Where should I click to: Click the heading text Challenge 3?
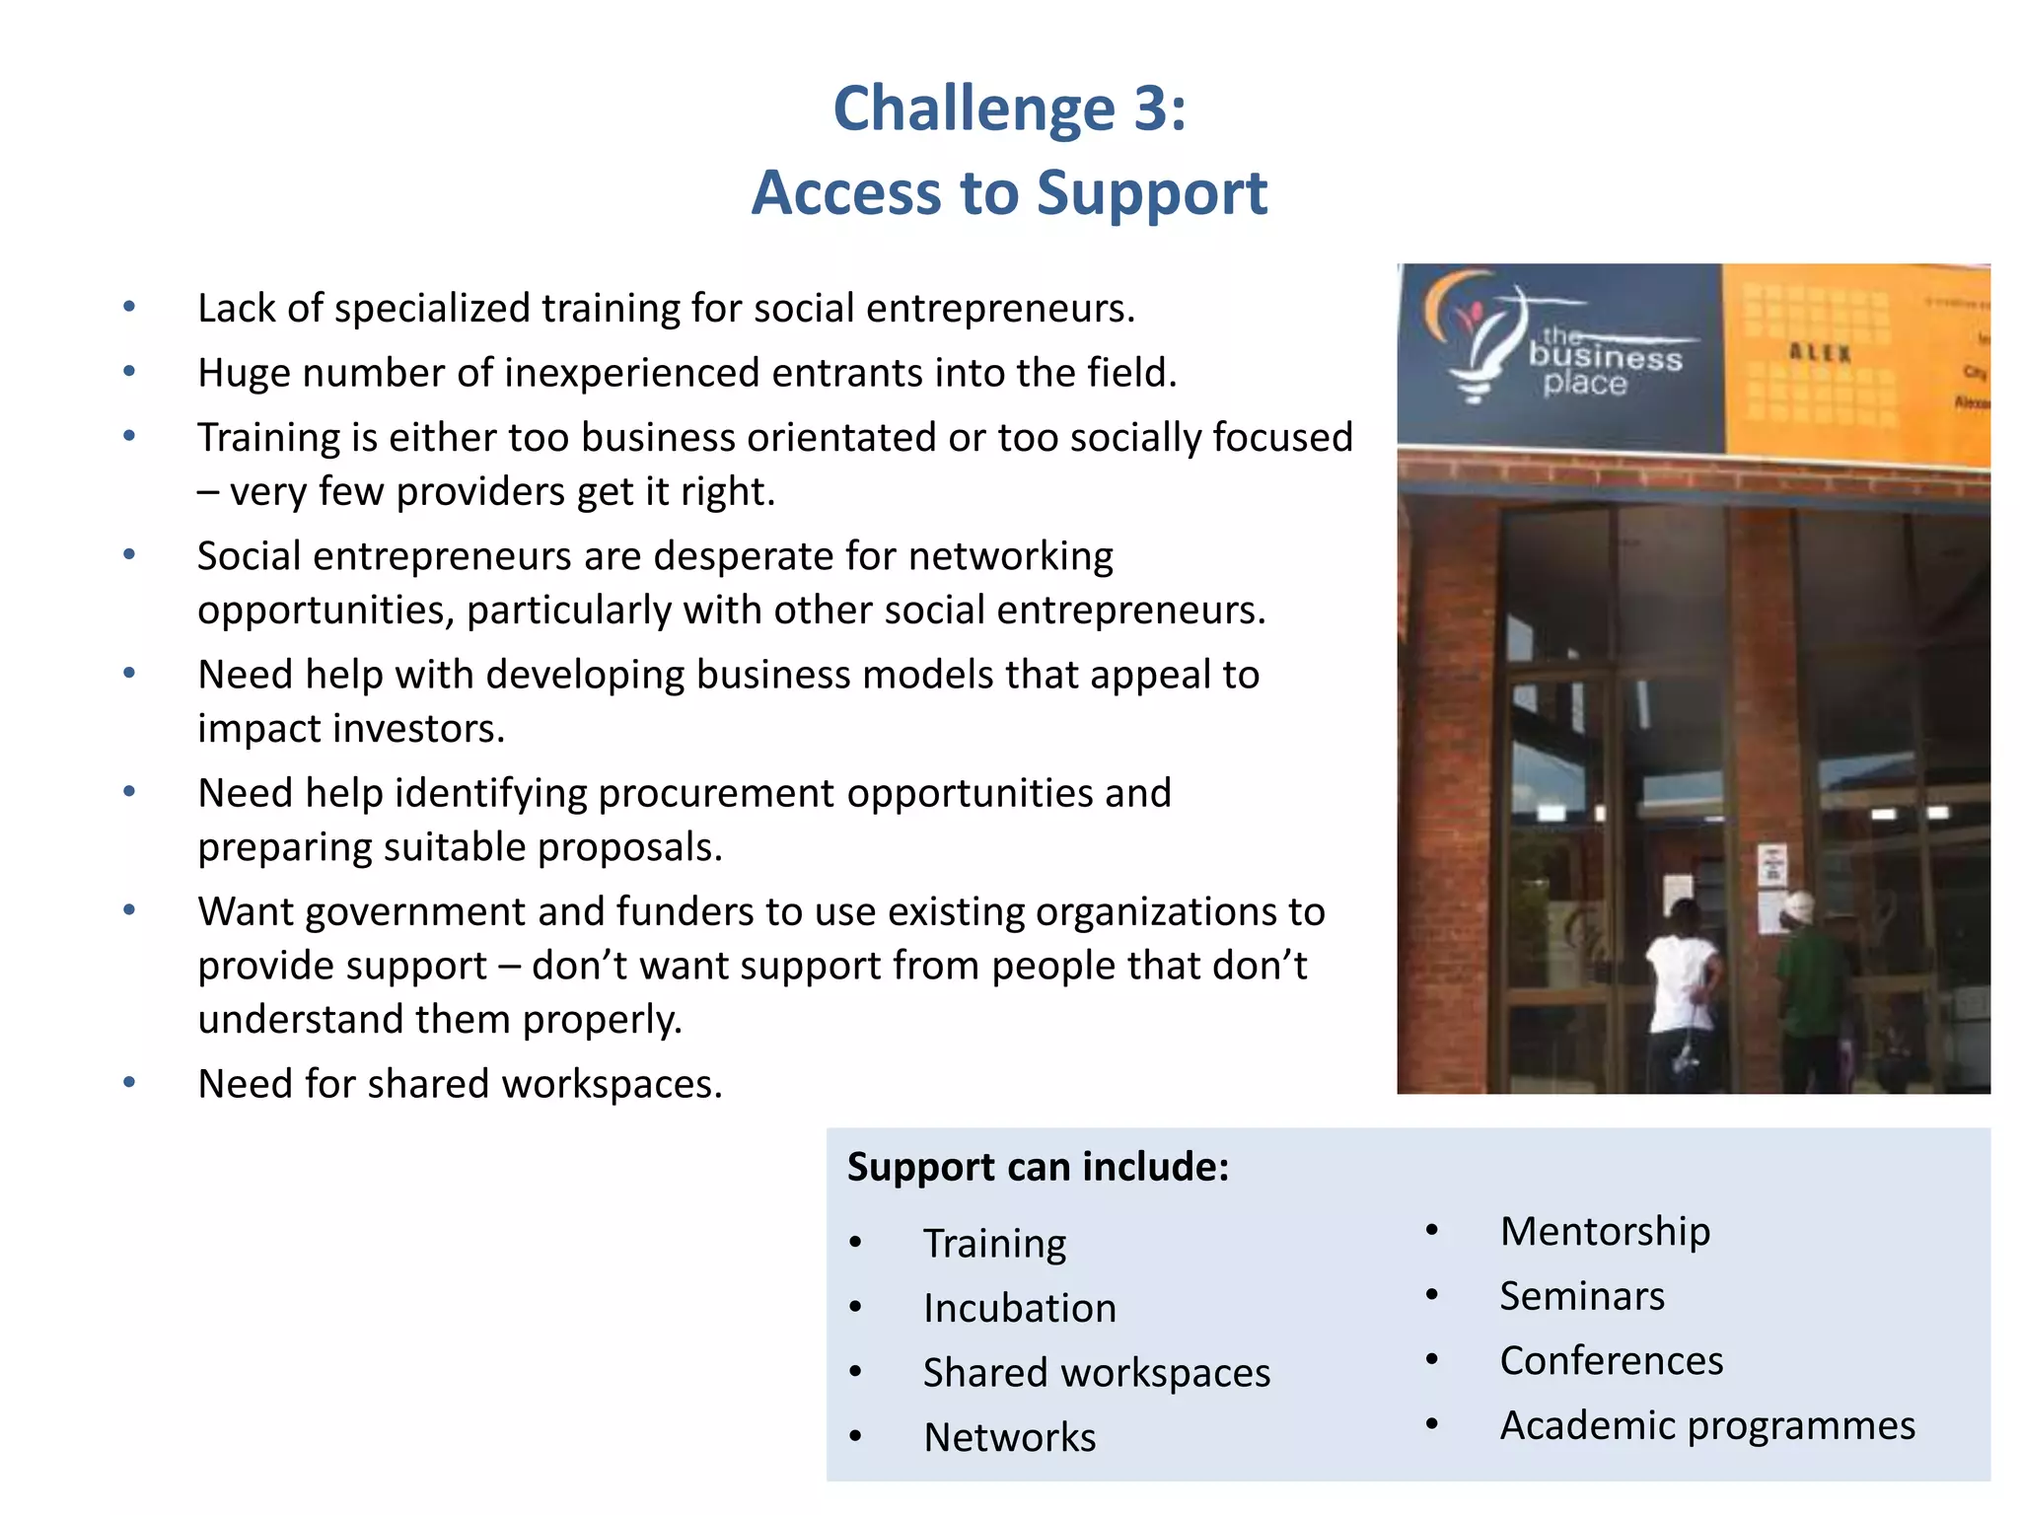pos(1009,108)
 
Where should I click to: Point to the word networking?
pos(1010,556)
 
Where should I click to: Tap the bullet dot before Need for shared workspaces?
pos(129,1083)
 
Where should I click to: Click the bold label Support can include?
pos(1038,1167)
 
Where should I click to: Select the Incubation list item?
pos(1019,1309)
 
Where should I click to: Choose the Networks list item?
pos(1009,1438)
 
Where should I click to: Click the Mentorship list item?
pos(1605,1232)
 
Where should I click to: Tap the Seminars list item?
pos(1581,1296)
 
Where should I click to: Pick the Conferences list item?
pos(1611,1361)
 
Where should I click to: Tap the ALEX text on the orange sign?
pos(1820,353)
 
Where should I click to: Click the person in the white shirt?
pos(1684,991)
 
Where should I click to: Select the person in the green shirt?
pos(1813,986)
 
